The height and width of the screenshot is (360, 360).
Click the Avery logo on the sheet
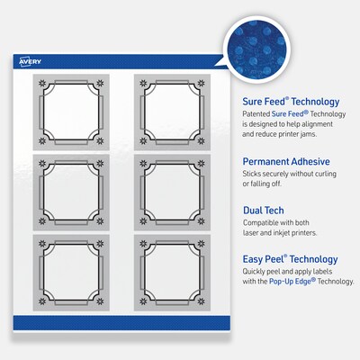[30, 61]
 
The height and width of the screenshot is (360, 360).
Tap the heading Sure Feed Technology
[291, 102]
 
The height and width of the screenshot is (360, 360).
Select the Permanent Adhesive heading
[286, 161]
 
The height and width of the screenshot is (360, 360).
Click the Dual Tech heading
[264, 211]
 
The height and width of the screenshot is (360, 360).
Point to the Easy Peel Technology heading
[290, 259]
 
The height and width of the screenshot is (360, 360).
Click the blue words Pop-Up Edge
[292, 282]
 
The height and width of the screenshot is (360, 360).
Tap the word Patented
[256, 114]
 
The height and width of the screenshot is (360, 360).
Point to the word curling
[326, 174]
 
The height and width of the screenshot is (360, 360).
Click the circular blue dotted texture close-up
[256, 48]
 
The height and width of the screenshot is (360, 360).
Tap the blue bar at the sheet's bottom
[121, 323]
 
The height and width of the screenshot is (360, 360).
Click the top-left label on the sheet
[71, 112]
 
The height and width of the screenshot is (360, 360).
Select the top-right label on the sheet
[172, 112]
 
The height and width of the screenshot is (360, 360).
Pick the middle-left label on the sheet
[71, 193]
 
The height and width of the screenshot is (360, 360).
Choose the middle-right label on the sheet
[172, 193]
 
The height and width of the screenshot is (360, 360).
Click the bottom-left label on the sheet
[71, 273]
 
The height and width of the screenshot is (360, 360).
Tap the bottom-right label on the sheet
[172, 273]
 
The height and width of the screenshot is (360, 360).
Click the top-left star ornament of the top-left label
[42, 84]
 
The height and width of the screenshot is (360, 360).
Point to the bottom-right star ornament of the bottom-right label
[202, 301]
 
